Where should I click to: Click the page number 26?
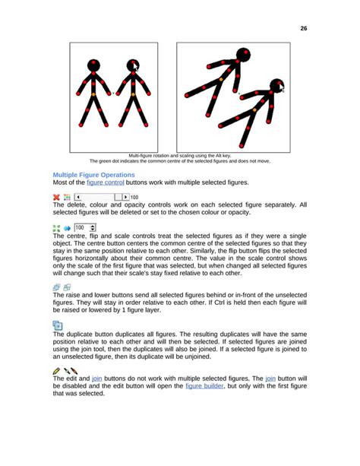coord(303,28)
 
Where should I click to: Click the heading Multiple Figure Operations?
coord(93,175)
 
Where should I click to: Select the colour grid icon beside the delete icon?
coord(67,197)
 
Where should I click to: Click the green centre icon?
coord(56,227)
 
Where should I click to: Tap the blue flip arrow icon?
coord(66,227)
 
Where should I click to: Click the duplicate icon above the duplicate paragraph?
coord(58,325)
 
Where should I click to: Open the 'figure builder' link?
coord(204,386)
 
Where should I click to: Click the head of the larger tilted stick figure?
coord(242,55)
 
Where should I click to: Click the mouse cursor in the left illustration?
coord(136,68)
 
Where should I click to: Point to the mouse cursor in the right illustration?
coord(282,88)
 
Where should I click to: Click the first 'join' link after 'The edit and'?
coord(96,378)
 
